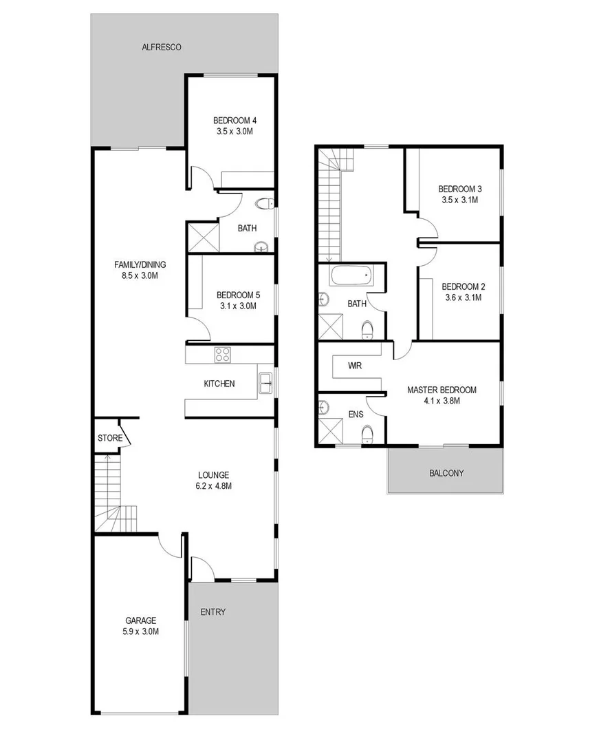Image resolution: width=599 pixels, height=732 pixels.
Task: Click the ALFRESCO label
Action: tap(161, 48)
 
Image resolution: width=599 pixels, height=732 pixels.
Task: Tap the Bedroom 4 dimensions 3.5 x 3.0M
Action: tap(235, 130)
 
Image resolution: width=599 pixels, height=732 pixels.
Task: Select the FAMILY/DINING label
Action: tap(140, 264)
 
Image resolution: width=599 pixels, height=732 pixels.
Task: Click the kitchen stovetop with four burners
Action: tap(223, 355)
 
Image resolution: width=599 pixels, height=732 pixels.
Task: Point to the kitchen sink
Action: tap(265, 384)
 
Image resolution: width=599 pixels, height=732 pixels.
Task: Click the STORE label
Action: tap(110, 438)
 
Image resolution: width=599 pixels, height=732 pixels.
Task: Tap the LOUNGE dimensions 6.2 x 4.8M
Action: tap(213, 485)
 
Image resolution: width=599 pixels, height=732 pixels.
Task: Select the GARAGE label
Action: tap(140, 620)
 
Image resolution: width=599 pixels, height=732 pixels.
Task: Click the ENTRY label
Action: tap(213, 611)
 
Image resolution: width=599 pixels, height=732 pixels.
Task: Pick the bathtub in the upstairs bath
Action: tap(351, 277)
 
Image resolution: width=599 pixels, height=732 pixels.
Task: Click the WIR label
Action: tap(355, 366)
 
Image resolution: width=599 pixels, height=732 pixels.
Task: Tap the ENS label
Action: tap(356, 415)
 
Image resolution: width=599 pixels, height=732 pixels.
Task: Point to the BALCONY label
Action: tap(446, 473)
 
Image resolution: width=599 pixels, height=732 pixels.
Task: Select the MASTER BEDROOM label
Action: tap(442, 390)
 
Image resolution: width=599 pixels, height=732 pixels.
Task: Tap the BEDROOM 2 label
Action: tap(461, 287)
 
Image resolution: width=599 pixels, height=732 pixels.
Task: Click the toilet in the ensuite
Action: tap(367, 433)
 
